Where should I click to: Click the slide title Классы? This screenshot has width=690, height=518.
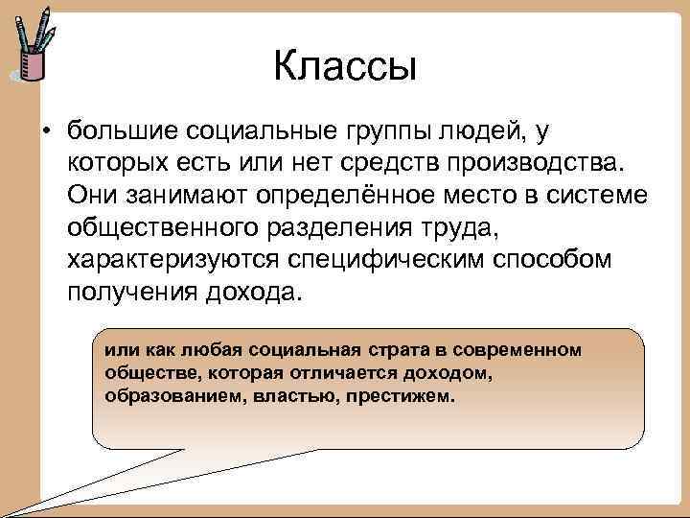tap(345, 67)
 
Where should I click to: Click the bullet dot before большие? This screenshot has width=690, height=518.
tap(46, 129)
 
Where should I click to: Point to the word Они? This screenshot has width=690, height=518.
tap(95, 196)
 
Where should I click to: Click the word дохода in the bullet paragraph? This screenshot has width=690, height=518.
tap(253, 294)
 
